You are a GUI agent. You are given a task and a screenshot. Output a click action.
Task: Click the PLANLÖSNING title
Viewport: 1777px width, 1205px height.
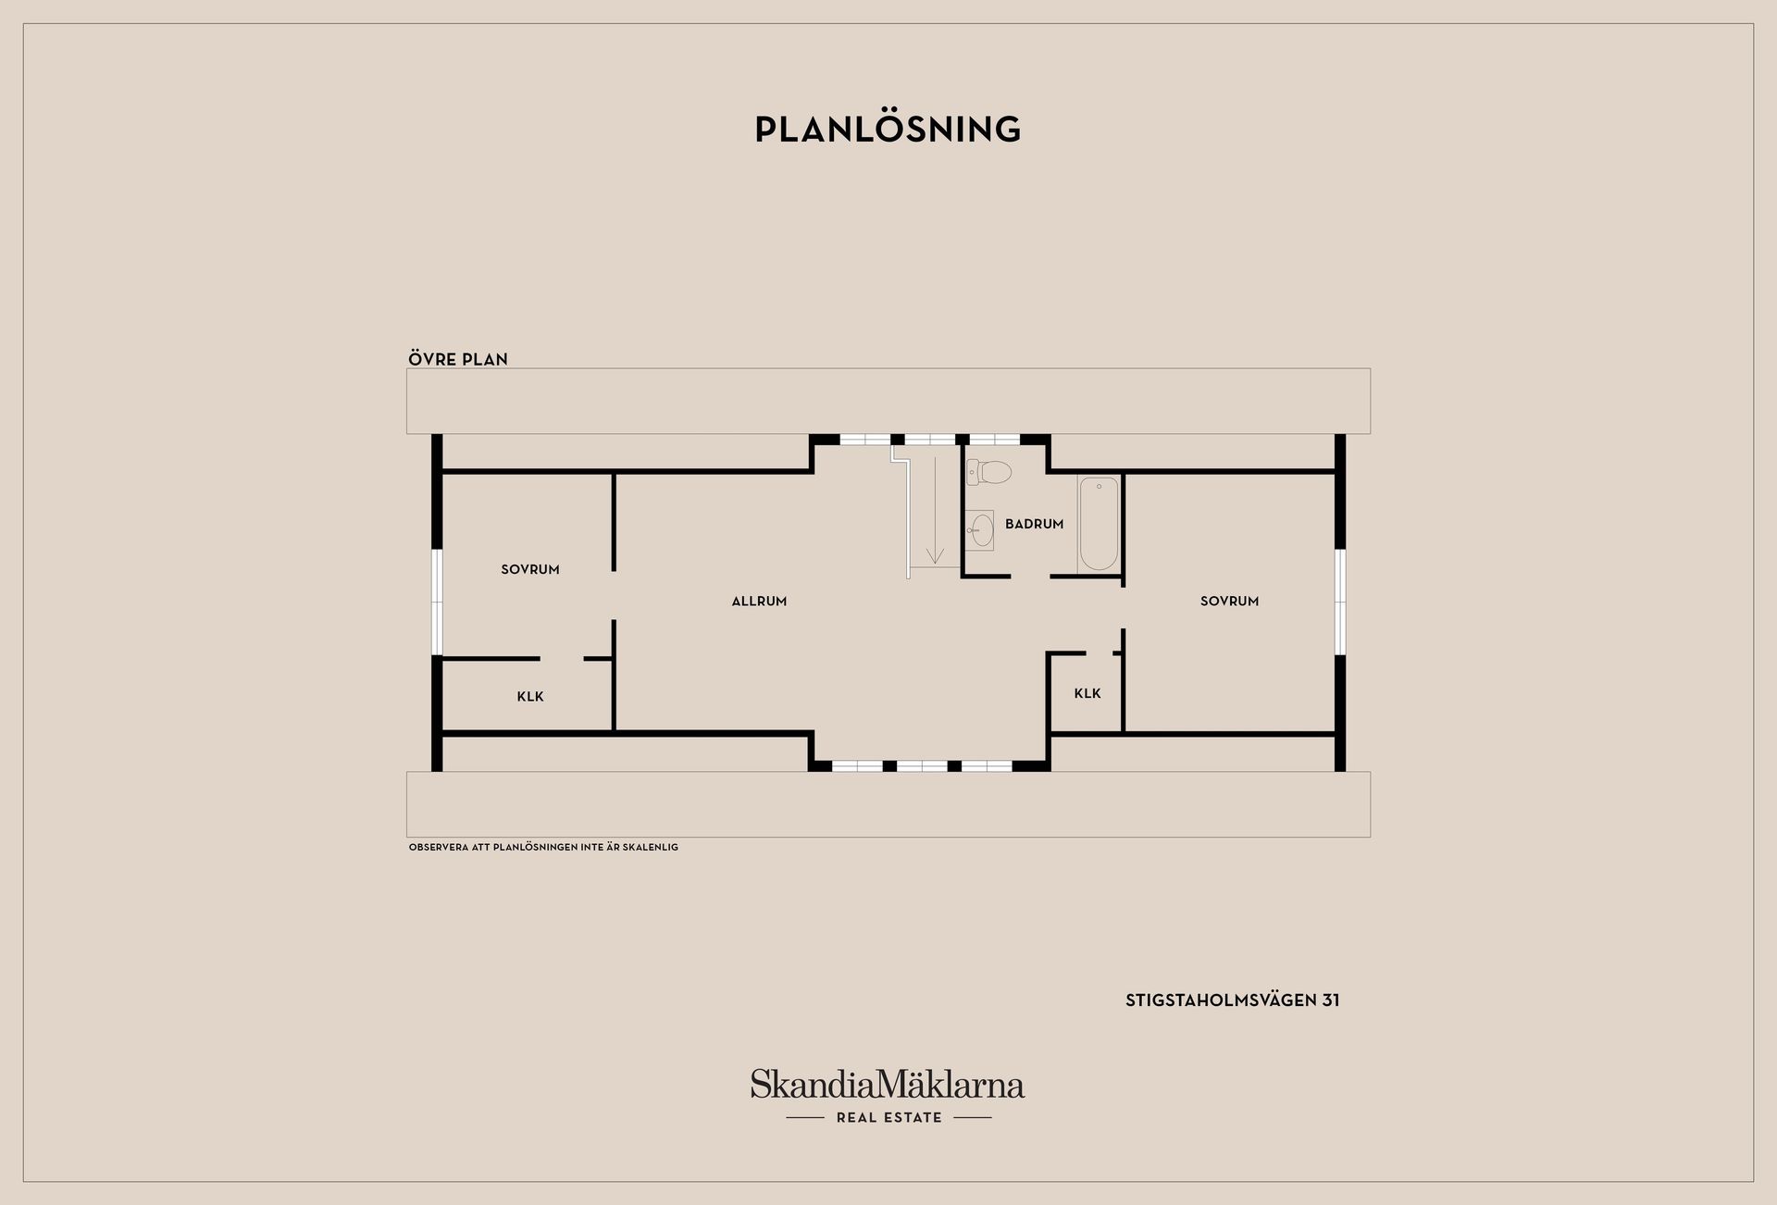(x=888, y=129)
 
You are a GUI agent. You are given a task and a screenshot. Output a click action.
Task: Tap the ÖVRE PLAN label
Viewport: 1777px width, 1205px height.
(x=458, y=359)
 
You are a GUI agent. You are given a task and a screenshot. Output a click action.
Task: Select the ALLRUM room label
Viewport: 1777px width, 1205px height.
(x=759, y=602)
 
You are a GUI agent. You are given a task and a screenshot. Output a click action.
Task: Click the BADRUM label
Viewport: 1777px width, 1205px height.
(x=1034, y=524)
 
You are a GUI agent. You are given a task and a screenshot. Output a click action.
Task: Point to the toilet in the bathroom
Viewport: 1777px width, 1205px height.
(x=988, y=472)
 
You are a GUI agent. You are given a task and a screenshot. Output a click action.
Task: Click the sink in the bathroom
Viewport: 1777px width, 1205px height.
(x=980, y=530)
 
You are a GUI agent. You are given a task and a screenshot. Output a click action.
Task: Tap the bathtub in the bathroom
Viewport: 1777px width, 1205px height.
(x=1099, y=524)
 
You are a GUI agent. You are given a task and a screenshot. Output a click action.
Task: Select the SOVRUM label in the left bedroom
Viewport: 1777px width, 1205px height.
(x=530, y=570)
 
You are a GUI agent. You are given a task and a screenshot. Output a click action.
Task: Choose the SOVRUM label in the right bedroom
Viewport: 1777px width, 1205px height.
(x=1229, y=602)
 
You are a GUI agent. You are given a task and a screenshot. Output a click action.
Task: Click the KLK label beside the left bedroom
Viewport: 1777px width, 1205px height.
(x=530, y=697)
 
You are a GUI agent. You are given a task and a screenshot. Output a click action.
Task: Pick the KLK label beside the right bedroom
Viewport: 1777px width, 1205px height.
(x=1087, y=693)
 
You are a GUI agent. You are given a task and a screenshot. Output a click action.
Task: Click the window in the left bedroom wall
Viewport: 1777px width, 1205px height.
(x=437, y=602)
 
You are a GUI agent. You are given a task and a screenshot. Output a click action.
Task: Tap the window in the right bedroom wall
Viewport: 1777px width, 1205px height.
(x=1339, y=602)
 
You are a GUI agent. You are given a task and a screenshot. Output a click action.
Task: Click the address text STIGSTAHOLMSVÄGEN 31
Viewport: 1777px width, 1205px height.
(x=1233, y=1000)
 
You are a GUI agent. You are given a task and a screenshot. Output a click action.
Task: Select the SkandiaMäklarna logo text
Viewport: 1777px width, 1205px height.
(x=888, y=1084)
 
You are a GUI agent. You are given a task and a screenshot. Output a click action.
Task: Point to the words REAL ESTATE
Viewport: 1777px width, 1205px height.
(x=888, y=1118)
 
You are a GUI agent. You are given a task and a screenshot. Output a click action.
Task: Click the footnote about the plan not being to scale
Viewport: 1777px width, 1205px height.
(x=543, y=847)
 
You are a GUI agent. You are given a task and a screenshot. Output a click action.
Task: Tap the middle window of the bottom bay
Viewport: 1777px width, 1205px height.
(x=922, y=766)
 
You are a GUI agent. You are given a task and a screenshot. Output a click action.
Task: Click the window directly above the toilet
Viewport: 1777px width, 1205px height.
(x=994, y=440)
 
